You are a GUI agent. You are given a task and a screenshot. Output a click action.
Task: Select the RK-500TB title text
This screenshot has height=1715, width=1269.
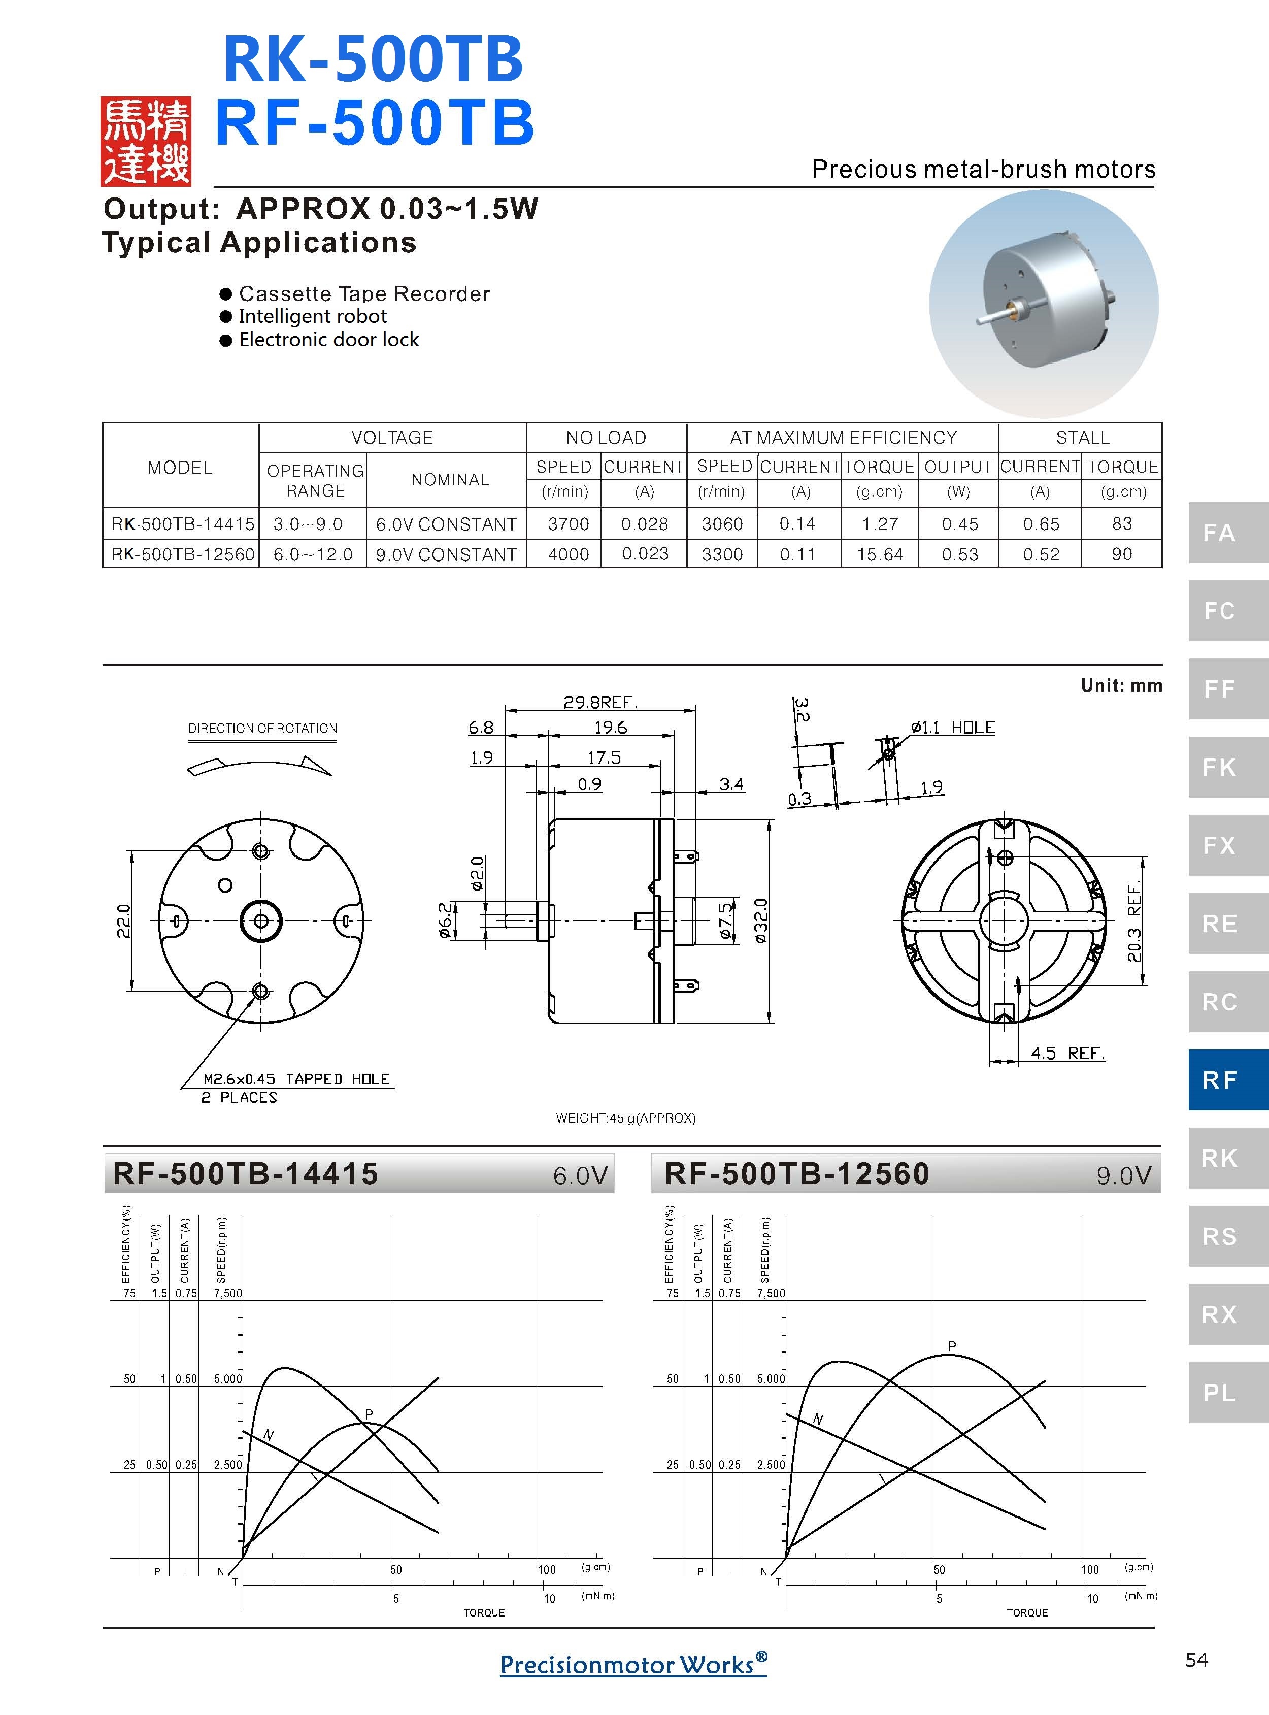click(373, 59)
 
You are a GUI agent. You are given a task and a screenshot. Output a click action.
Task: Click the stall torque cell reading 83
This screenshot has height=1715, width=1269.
click(1121, 523)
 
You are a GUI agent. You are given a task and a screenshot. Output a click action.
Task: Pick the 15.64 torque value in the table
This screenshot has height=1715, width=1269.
click(880, 554)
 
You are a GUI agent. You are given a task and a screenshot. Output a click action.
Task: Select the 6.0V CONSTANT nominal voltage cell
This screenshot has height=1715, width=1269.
click(446, 524)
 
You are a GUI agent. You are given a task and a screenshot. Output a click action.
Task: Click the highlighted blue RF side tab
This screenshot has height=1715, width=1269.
click(1220, 1079)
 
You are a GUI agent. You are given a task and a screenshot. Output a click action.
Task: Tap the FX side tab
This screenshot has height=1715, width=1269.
click(1220, 845)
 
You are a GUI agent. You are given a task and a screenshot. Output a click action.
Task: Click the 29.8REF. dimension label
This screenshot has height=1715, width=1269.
click(600, 702)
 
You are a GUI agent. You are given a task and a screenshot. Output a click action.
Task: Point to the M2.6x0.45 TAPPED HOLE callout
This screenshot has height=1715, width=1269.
click(296, 1079)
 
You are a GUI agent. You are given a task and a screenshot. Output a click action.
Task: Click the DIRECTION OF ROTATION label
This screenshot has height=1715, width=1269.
click(263, 728)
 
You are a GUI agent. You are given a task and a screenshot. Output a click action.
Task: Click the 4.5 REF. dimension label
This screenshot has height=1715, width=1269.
click(1067, 1052)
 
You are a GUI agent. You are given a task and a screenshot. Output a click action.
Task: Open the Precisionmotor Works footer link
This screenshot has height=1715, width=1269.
click(633, 1664)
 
